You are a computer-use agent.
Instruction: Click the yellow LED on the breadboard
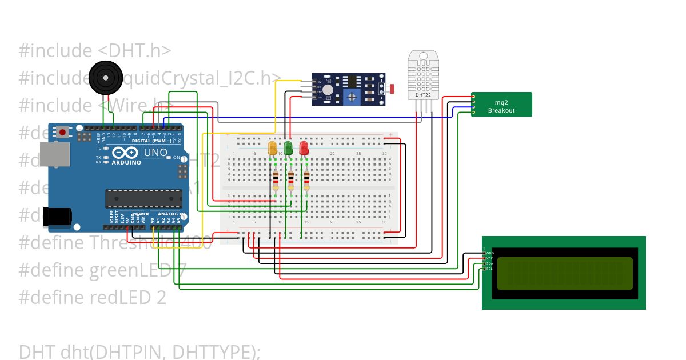point(273,149)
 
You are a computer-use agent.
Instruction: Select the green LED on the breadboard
point(289,149)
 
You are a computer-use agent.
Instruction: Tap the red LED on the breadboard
point(304,149)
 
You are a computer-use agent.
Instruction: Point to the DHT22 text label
point(424,95)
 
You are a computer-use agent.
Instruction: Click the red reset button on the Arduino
point(62,133)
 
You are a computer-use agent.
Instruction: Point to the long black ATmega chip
point(143,198)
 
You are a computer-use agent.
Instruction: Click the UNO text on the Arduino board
point(155,153)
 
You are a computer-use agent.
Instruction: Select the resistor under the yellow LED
point(276,181)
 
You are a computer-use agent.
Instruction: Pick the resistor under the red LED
point(307,181)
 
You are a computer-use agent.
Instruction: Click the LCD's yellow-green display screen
point(565,273)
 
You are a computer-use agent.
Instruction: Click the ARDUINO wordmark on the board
point(126,162)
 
